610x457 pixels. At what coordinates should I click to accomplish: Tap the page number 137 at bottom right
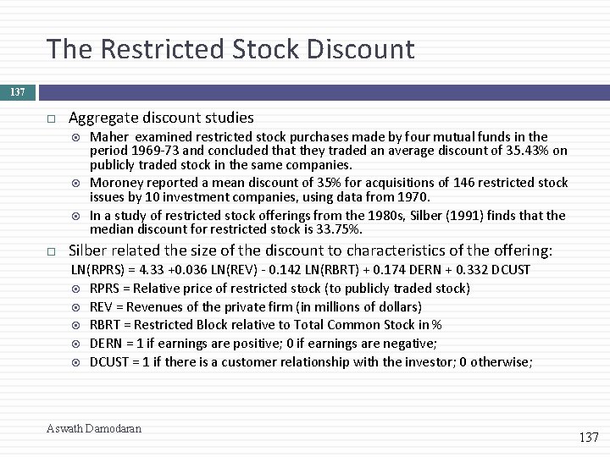(x=588, y=437)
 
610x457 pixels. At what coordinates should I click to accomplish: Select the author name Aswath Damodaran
(x=94, y=428)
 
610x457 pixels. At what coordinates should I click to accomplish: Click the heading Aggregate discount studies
(x=161, y=118)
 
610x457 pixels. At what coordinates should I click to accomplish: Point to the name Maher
(x=108, y=137)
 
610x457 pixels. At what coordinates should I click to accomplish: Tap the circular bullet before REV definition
(x=76, y=307)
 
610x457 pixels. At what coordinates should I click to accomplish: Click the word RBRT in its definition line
(x=106, y=325)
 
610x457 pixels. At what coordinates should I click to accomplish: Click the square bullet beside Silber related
(x=52, y=251)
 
